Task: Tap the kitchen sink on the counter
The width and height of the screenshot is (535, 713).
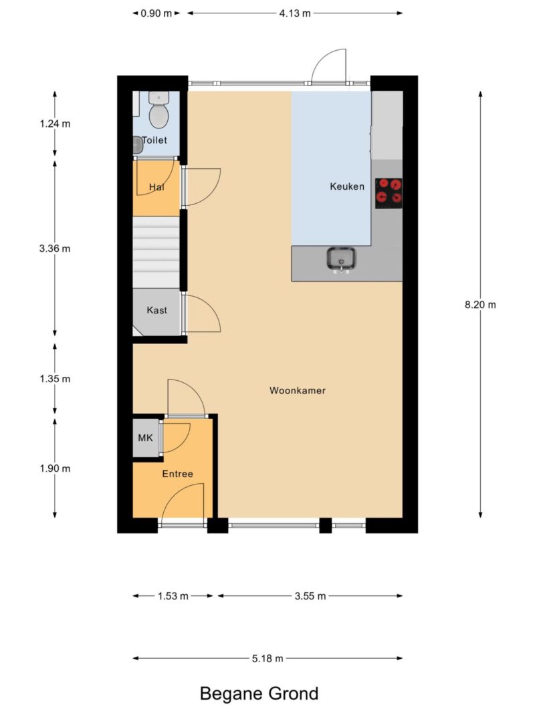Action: (x=341, y=259)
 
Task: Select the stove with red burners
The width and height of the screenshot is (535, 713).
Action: (x=389, y=190)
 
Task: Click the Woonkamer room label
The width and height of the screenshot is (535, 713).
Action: (x=298, y=390)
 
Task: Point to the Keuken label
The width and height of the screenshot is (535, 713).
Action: (x=347, y=186)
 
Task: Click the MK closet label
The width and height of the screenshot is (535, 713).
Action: (x=145, y=438)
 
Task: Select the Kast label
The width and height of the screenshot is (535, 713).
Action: (x=156, y=310)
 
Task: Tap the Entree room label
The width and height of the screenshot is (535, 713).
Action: (x=177, y=474)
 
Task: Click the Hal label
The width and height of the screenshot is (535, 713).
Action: (x=156, y=187)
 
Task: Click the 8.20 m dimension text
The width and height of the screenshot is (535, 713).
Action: (x=480, y=305)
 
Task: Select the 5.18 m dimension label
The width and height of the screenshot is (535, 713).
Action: (x=267, y=658)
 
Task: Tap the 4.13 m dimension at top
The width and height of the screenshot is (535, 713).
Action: (x=294, y=13)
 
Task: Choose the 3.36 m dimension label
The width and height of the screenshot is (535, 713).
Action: (x=55, y=248)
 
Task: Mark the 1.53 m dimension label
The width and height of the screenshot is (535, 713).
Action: (x=173, y=596)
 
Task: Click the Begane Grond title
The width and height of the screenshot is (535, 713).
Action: (x=259, y=694)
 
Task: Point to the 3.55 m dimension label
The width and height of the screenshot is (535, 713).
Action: (x=310, y=596)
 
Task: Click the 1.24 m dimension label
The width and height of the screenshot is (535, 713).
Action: (x=55, y=124)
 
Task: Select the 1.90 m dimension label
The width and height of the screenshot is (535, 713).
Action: (x=55, y=468)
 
